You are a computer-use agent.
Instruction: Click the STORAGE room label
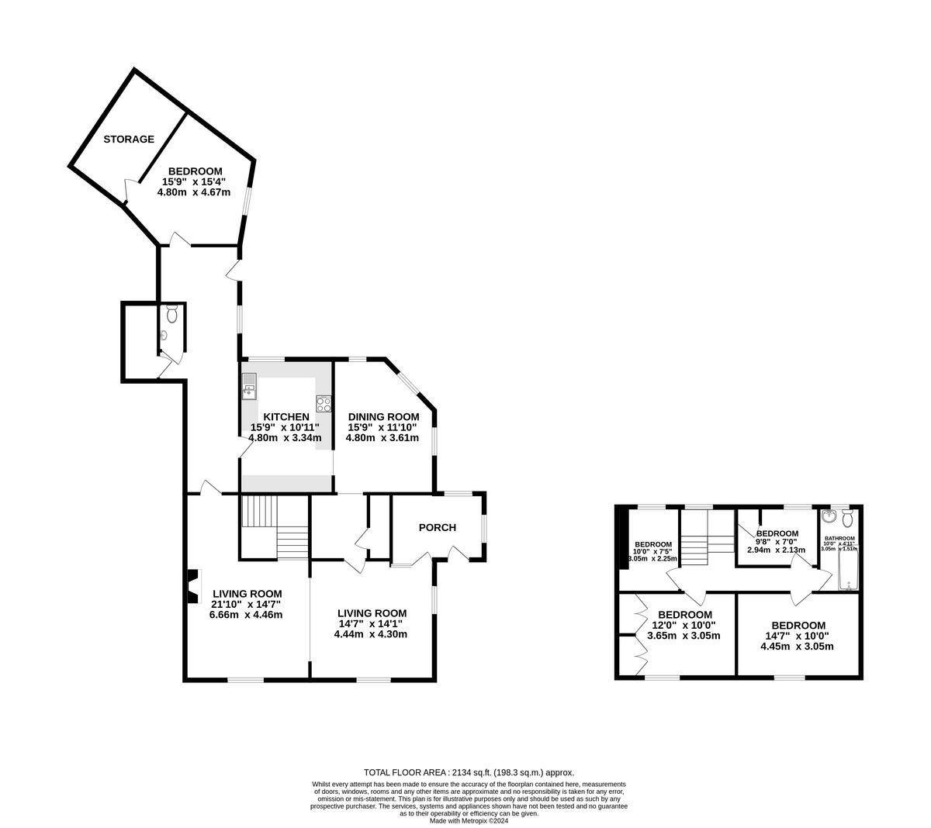click(130, 140)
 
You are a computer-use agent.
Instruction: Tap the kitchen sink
click(249, 385)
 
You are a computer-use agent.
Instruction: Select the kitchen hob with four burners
click(324, 404)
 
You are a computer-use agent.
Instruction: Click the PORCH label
click(437, 528)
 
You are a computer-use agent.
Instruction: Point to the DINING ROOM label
click(383, 416)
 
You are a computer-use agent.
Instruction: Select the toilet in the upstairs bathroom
click(847, 518)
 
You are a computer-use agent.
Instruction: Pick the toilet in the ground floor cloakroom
click(171, 314)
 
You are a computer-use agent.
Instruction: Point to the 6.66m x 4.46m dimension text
click(245, 615)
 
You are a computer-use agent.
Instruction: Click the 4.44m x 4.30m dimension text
click(370, 634)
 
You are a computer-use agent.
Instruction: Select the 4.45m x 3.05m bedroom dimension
click(798, 647)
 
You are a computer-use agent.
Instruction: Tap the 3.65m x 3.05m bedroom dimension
click(684, 636)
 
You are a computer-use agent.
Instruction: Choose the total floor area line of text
click(469, 772)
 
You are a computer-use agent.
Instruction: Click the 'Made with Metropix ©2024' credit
click(469, 820)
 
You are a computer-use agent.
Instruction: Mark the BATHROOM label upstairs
click(839, 538)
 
